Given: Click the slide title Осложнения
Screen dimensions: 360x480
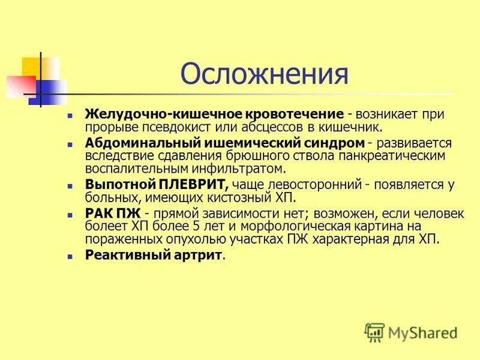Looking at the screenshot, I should pyautogui.click(x=264, y=74).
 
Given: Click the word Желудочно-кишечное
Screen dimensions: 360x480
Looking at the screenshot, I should pyautogui.click(x=164, y=114).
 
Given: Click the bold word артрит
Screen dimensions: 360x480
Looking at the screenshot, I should pyautogui.click(x=195, y=255).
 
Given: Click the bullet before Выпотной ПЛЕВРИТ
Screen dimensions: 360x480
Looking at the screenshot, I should pyautogui.click(x=71, y=185).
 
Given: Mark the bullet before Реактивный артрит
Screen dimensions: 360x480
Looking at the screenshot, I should pyautogui.click(x=71, y=256).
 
